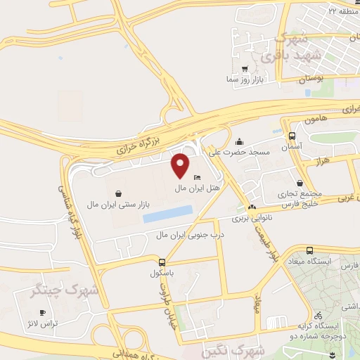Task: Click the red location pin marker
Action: coord(180,165)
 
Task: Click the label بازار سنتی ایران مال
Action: coord(117,204)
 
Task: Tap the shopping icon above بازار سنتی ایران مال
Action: coord(117,192)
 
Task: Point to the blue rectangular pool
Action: coord(167,214)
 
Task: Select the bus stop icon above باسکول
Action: coord(163,261)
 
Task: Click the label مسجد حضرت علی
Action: coord(243,151)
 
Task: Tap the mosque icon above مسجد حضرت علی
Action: coord(240,140)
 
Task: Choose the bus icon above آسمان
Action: coord(292,136)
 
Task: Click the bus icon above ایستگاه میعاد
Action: coord(310,250)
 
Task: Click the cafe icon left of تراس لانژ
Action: coord(42,312)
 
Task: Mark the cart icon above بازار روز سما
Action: coord(244,70)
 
